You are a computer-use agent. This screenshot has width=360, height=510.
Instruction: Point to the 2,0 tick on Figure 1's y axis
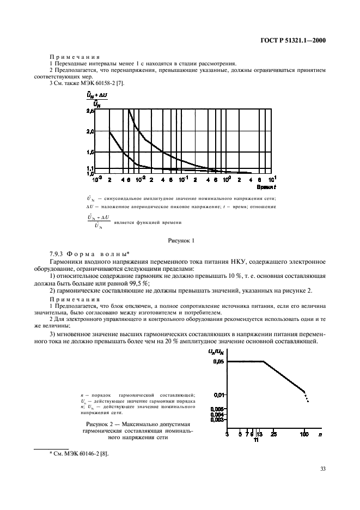tap(90, 131)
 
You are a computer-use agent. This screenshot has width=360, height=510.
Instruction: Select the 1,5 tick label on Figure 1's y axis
tap(90, 152)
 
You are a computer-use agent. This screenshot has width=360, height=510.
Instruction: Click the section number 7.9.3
tap(58, 254)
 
